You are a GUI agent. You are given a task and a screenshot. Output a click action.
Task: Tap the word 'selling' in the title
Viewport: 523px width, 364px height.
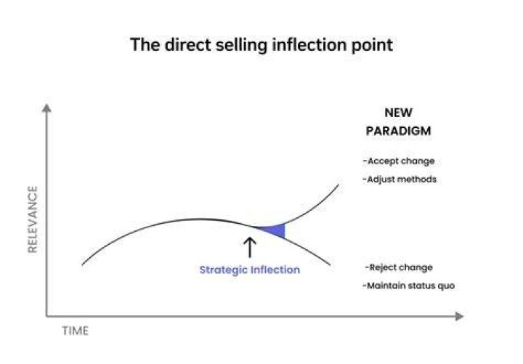(x=241, y=45)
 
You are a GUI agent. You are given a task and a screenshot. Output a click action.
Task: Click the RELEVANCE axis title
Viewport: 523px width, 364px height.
(x=33, y=219)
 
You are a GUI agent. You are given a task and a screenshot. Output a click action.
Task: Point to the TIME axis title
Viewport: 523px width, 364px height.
(x=76, y=331)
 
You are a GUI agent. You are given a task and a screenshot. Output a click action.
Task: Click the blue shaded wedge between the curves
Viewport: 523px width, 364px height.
(x=275, y=230)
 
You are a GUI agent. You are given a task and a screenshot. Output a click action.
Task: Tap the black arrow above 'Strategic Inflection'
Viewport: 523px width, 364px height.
(x=250, y=248)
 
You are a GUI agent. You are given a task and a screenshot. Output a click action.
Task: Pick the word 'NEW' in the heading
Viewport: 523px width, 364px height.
(x=398, y=113)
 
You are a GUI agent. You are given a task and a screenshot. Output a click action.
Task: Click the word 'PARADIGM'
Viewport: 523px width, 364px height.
(x=398, y=131)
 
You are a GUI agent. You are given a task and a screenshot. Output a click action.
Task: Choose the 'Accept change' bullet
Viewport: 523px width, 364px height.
(x=399, y=161)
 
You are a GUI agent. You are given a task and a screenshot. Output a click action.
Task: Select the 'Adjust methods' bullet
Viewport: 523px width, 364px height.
(x=400, y=179)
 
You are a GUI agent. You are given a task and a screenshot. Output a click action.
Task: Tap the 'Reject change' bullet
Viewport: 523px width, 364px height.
(x=399, y=267)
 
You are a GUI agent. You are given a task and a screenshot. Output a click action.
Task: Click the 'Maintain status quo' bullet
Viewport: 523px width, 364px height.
(x=409, y=286)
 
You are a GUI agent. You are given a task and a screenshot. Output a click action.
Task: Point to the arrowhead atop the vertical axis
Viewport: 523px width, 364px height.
(x=46, y=108)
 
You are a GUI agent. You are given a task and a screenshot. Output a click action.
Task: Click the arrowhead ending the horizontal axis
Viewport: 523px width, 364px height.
(x=459, y=316)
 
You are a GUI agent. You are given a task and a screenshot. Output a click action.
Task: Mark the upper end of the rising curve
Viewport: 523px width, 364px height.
(x=338, y=185)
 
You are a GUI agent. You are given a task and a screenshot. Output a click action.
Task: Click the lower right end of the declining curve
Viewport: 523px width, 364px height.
(x=331, y=265)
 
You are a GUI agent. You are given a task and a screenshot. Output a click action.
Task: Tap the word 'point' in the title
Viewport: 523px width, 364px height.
(x=372, y=45)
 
